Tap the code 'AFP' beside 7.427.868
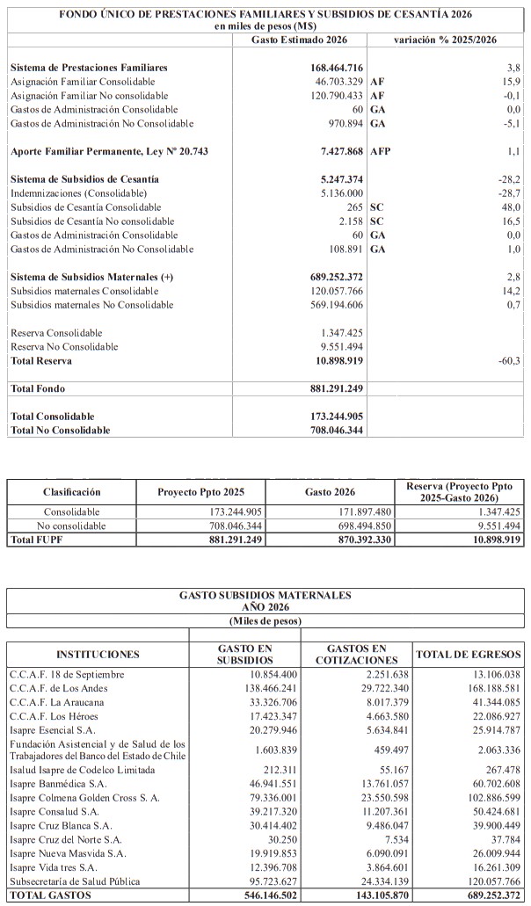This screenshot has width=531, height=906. click(381, 151)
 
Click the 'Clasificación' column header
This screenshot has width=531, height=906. click(72, 492)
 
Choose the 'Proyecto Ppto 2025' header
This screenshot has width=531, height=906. click(200, 492)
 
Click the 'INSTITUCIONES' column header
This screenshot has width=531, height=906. click(98, 655)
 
